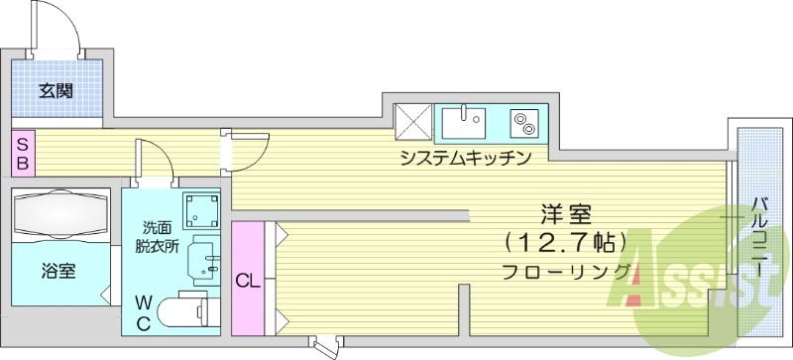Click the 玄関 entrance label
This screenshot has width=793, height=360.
click(56, 92)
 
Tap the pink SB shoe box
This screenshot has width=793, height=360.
click(21, 153)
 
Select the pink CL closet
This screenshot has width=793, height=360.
click(248, 279)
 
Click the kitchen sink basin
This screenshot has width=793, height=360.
click(463, 125)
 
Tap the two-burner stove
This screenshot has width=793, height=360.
click(522, 124)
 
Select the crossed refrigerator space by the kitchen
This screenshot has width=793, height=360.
click(413, 123)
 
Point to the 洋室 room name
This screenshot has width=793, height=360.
click(565, 212)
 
